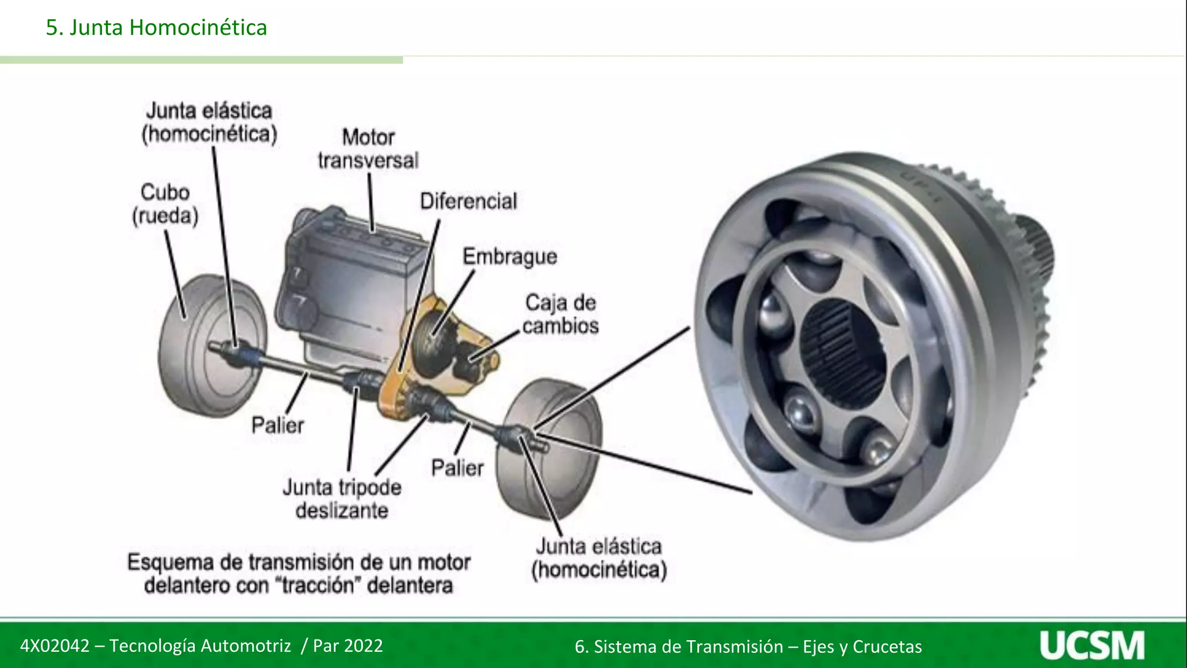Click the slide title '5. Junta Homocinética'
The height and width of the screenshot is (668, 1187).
click(156, 27)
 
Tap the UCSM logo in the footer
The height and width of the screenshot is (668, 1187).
click(1092, 645)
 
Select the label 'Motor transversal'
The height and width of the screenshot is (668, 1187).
click(368, 149)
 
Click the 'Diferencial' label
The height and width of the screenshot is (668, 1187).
click(468, 201)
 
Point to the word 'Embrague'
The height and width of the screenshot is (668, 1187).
click(509, 256)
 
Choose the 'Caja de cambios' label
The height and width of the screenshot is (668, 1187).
click(560, 314)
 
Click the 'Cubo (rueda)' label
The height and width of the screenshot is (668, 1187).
click(165, 204)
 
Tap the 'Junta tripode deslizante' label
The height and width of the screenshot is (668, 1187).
click(342, 499)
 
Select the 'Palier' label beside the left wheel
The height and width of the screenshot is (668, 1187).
click(278, 425)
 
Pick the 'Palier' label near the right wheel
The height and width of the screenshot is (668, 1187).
click(457, 467)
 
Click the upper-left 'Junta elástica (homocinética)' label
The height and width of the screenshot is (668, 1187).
click(209, 122)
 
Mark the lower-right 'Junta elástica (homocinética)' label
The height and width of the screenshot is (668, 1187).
click(599, 558)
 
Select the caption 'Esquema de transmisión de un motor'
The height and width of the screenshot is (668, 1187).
click(298, 562)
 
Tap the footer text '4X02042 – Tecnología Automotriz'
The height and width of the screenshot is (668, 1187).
click(155, 645)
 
